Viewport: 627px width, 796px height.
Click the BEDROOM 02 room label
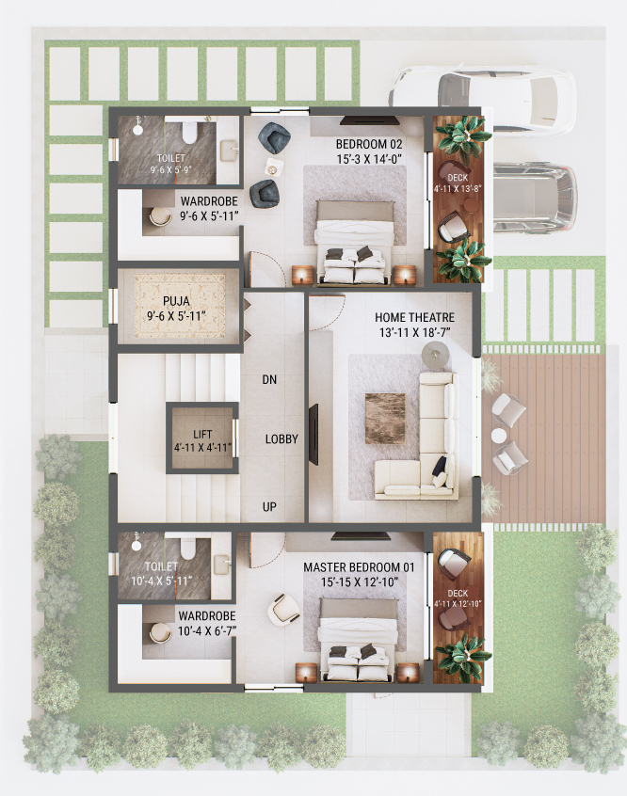370,144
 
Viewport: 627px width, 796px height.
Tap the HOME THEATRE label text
415,318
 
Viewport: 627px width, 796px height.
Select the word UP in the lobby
270,507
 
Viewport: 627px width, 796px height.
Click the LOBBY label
281,439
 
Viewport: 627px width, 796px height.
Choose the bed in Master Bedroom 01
358,640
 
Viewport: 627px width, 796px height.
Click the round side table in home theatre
435,355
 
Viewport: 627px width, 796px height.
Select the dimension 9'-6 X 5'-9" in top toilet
172,170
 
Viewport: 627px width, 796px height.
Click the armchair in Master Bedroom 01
285,609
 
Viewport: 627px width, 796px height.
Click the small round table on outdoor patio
499,436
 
